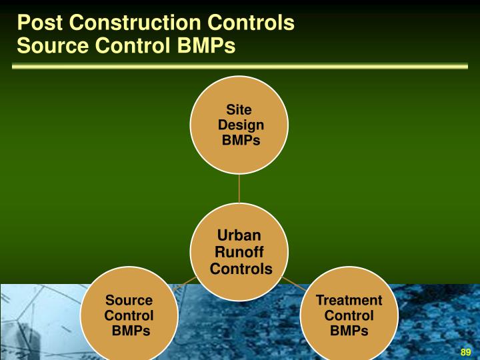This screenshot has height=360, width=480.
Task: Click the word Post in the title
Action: [x=39, y=23]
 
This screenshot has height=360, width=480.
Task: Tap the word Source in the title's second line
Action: [x=49, y=47]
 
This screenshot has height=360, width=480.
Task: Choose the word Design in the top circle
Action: [x=241, y=125]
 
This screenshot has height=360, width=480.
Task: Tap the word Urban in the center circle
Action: [x=239, y=235]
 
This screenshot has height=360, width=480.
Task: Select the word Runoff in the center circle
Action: [x=239, y=252]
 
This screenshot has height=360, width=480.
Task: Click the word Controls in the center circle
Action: [x=241, y=269]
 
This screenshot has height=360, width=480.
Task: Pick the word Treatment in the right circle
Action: [x=349, y=301]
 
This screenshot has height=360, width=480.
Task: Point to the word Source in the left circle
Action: [x=129, y=301]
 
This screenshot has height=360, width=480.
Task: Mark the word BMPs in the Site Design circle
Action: [x=241, y=140]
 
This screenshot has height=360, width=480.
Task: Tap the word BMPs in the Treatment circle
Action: [x=349, y=331]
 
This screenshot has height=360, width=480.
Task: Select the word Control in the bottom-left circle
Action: [x=129, y=315]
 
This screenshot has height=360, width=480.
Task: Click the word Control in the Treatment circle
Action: [x=349, y=315]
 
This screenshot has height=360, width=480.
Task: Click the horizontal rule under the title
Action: [x=240, y=66]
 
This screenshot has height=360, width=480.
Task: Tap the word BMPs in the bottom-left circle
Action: [x=130, y=331]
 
